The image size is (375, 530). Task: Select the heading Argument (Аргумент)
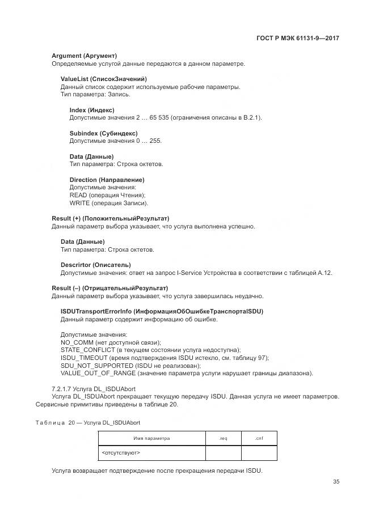coord(84,56)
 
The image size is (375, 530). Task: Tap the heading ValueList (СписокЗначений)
coord(103,79)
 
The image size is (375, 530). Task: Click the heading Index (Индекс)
coord(92,110)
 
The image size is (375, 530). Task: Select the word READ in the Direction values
coord(78,195)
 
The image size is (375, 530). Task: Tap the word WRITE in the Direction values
coord(79,203)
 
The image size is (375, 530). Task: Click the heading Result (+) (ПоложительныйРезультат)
coord(110,218)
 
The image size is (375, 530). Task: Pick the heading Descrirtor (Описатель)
coord(95,265)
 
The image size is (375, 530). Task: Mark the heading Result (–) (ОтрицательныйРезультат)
coord(109,288)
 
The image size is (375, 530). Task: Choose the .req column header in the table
coord(223,438)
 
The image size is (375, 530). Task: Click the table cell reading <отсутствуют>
coord(121,453)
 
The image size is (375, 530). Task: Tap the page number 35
coord(336,482)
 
